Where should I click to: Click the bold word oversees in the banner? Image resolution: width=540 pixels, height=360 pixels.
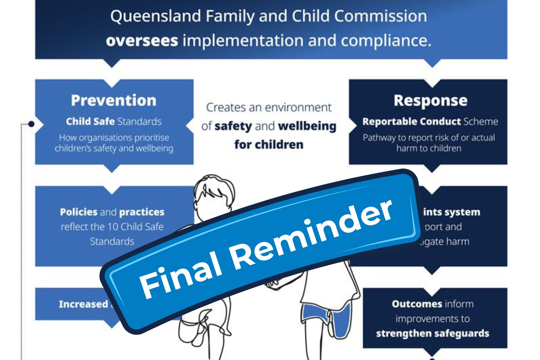click(x=142, y=40)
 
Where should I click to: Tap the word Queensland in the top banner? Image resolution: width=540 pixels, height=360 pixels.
click(x=155, y=16)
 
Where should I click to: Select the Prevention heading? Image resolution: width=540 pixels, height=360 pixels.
click(x=114, y=100)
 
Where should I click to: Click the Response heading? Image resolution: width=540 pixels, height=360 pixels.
click(x=430, y=100)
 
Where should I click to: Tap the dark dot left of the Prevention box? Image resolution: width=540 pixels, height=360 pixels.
click(x=31, y=124)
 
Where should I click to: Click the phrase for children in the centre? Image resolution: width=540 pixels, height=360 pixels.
click(x=269, y=145)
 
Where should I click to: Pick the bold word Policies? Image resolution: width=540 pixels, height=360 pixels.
click(x=79, y=212)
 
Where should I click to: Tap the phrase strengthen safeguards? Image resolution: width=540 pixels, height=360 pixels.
click(x=432, y=334)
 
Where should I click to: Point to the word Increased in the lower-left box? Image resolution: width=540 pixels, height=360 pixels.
click(x=83, y=304)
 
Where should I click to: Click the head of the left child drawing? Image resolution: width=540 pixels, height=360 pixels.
click(x=214, y=192)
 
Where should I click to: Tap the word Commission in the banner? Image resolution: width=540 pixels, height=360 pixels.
click(x=380, y=16)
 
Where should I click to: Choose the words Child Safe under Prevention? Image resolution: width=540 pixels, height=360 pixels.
click(x=90, y=121)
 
